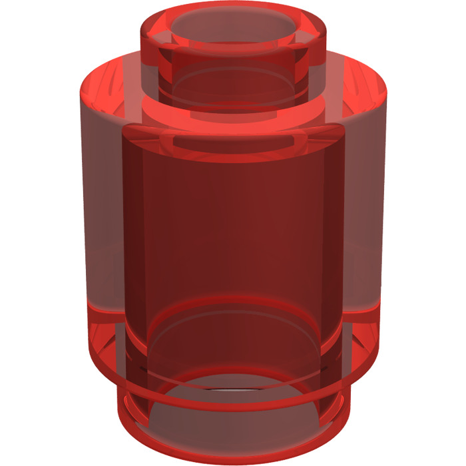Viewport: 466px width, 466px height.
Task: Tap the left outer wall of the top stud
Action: (x=150, y=63)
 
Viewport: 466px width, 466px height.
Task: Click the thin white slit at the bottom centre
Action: (x=233, y=388)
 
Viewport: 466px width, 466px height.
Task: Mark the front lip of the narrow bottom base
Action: (x=233, y=459)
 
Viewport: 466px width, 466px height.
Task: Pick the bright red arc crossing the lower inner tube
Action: (x=233, y=303)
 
